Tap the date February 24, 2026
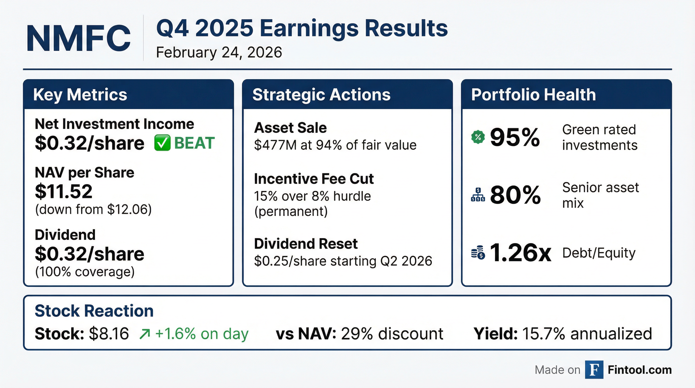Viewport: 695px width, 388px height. tap(219, 52)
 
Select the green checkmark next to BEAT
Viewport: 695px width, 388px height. tap(162, 143)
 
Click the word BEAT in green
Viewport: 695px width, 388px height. tap(194, 143)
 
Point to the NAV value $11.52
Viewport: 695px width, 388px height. tap(64, 191)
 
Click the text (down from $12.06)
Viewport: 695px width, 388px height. tap(93, 209)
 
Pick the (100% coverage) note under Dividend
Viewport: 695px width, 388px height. tap(85, 272)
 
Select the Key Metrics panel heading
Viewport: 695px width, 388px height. tap(80, 95)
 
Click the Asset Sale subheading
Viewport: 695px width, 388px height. tap(290, 128)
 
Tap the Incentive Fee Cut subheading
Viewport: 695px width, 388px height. tap(314, 179)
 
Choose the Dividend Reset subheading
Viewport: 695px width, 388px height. tap(306, 244)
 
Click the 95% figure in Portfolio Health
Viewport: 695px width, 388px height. tap(515, 138)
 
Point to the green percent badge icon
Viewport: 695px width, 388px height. tap(478, 137)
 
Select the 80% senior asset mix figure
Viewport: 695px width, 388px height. tap(515, 195)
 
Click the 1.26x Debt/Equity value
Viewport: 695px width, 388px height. tap(520, 253)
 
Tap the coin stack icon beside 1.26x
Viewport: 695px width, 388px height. tap(478, 253)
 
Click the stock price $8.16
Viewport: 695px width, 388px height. tap(109, 334)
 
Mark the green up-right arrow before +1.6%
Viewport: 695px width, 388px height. tap(145, 334)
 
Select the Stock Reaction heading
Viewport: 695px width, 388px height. tap(94, 311)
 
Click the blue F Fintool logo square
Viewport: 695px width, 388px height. tap(594, 370)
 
